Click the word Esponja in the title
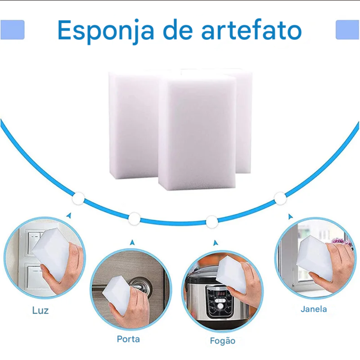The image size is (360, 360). [105, 31]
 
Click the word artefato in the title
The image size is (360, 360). [251, 30]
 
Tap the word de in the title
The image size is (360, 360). [178, 30]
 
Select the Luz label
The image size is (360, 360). [40, 310]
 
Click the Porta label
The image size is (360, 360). [129, 339]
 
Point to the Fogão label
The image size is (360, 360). [222, 341]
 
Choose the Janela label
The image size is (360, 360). [314, 309]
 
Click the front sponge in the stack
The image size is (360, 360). [197, 133]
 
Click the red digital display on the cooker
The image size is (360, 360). [221, 294]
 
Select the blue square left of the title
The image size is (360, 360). [12, 30]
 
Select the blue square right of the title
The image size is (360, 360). [347, 30]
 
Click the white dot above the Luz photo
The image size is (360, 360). [78, 198]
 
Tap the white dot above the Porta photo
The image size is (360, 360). [134, 219]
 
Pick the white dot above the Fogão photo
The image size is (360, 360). [212, 222]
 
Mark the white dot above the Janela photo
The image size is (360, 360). [280, 198]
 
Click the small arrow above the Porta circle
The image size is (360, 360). [132, 242]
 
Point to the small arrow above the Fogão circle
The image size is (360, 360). [215, 243]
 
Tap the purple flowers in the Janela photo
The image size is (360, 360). [342, 242]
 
